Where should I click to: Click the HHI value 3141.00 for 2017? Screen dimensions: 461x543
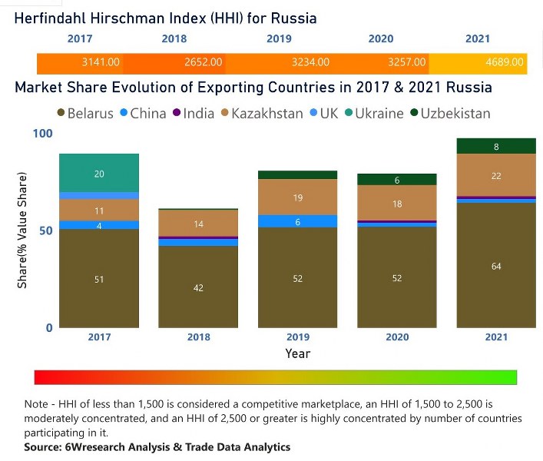(101, 62)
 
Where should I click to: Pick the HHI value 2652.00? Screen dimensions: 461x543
(204, 62)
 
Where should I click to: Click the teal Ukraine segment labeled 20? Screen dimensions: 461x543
(99, 174)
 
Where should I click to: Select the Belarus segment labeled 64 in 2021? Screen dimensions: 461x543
(495, 266)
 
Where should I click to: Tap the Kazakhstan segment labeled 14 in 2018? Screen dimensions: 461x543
(198, 224)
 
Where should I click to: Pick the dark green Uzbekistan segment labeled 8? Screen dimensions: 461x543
(495, 146)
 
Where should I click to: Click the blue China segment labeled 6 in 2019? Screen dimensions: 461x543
(297, 221)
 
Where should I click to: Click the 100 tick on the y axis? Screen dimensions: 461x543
(41, 134)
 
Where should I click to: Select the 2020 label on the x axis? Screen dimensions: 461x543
(396, 337)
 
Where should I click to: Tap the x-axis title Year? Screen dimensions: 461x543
(297, 353)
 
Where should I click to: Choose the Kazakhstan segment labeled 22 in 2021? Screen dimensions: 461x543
(495, 176)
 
